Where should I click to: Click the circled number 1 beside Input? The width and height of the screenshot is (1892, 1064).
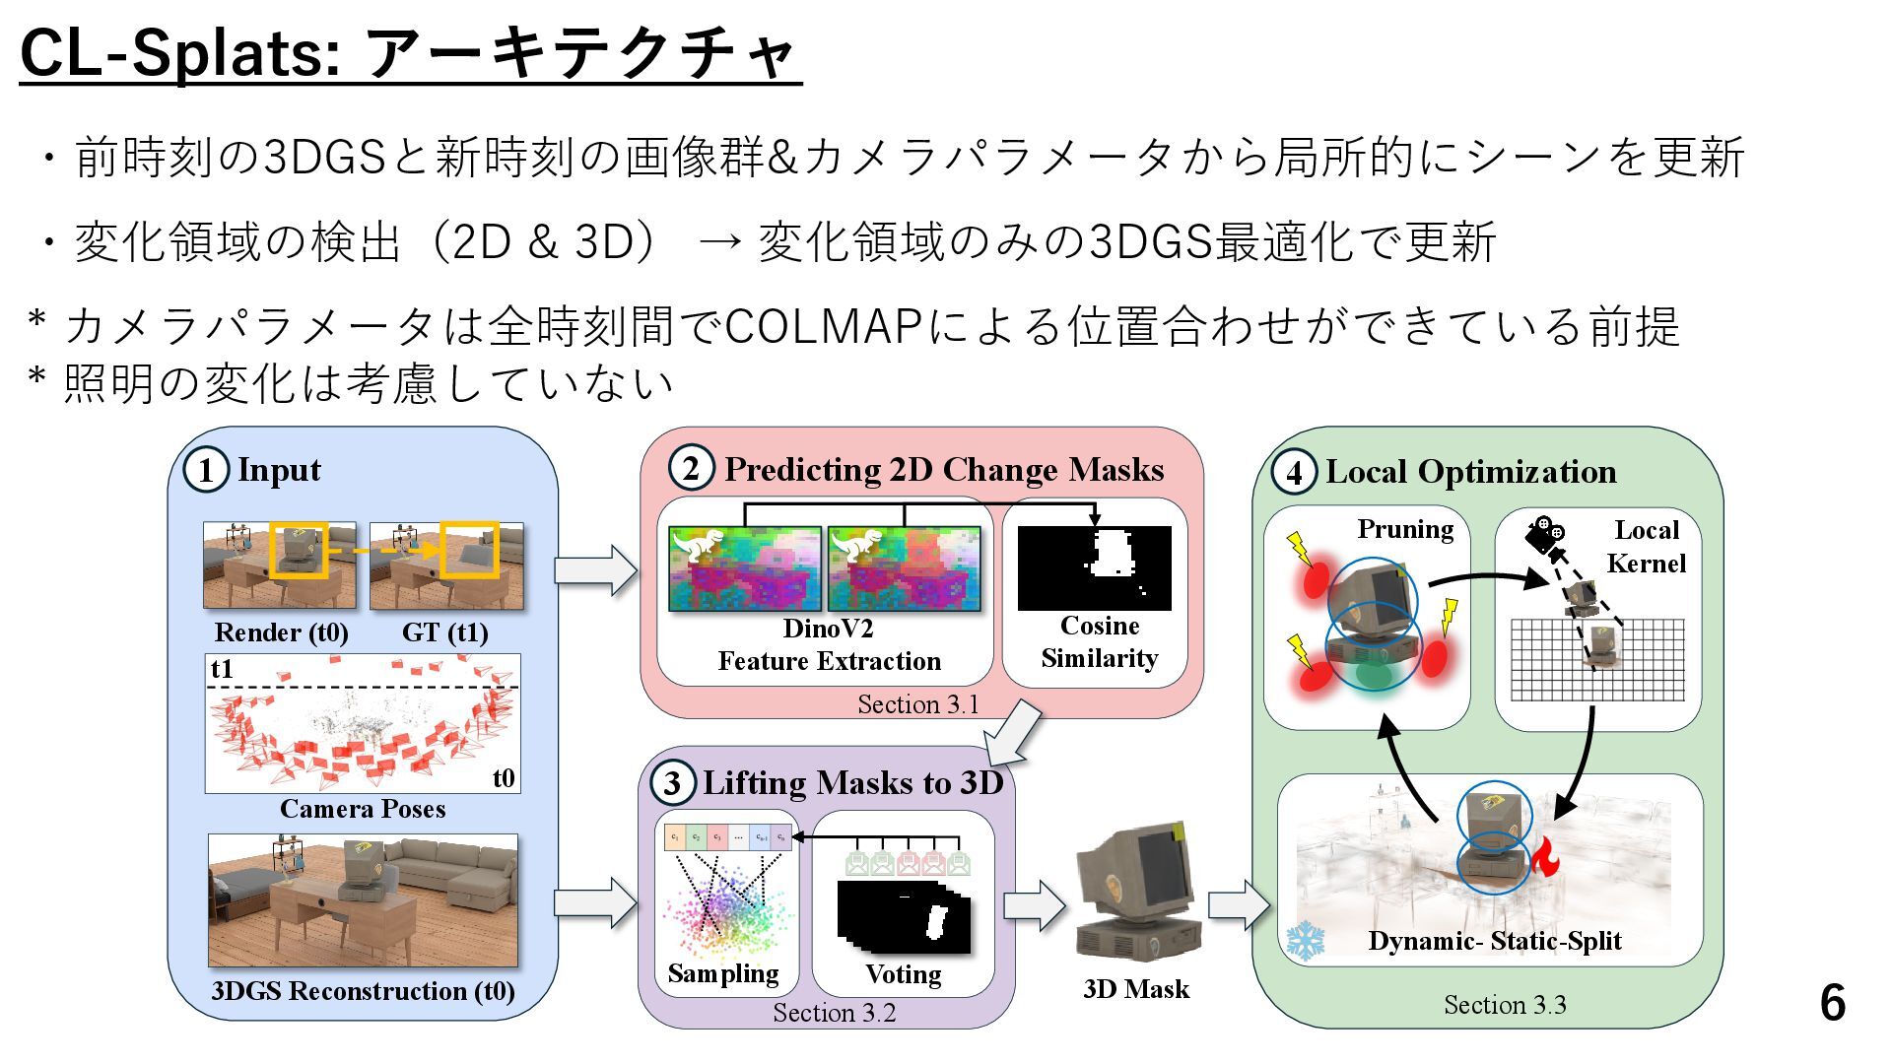[205, 470]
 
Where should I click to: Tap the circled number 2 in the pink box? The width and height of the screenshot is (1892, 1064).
[691, 469]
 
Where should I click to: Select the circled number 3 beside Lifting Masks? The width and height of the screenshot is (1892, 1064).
[672, 784]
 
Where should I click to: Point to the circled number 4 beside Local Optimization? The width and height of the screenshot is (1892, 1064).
[1294, 472]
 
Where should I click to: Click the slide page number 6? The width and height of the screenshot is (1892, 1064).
[1832, 1003]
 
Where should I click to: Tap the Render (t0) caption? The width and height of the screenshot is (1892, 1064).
[281, 632]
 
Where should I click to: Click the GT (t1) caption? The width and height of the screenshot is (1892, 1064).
[444, 632]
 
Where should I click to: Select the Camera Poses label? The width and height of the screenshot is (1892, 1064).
[362, 809]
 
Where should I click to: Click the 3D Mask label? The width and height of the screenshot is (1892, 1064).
[1135, 989]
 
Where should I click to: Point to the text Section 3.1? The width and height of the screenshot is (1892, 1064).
[917, 704]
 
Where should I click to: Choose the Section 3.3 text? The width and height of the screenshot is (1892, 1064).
[1504, 1005]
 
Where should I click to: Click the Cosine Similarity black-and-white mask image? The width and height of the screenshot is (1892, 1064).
[1094, 567]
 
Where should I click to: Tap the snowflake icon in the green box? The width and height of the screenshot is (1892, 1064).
[1306, 940]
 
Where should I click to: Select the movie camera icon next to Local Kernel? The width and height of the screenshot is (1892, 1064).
[1543, 534]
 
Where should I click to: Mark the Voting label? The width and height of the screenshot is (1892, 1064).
[903, 974]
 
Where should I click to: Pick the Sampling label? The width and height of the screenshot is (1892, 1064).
[722, 973]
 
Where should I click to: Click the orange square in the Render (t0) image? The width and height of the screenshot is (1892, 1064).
[297, 549]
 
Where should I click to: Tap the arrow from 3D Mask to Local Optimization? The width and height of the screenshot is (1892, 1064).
[1238, 904]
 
